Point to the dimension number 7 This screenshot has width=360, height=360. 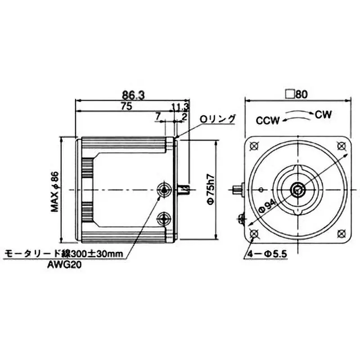[158, 116]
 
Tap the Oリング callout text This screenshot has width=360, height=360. [218, 119]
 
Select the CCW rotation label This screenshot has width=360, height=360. [268, 120]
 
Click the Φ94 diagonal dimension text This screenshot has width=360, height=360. [268, 207]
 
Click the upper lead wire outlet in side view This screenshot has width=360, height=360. [162, 189]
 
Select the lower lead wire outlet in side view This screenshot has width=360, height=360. [162, 219]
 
